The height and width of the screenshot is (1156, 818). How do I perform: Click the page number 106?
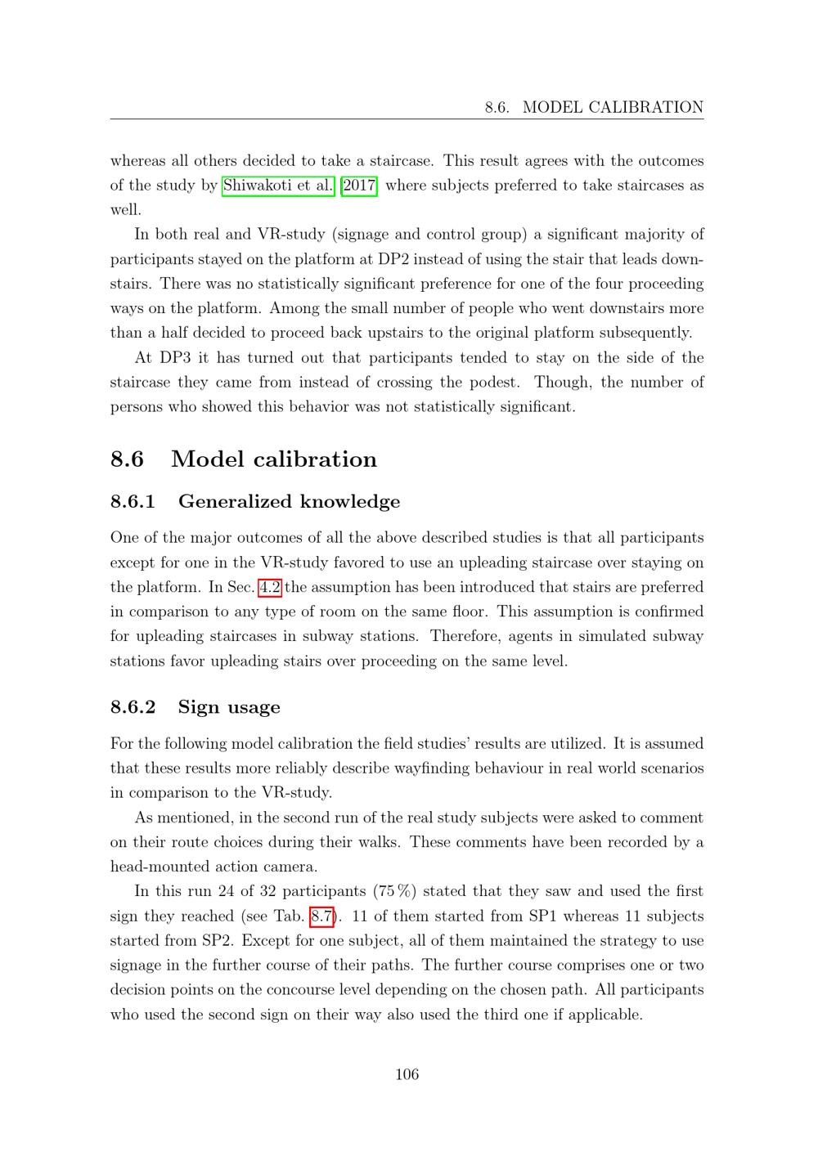click(407, 1074)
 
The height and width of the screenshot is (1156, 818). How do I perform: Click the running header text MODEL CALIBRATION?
click(613, 107)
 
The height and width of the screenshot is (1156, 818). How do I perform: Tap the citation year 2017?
click(359, 186)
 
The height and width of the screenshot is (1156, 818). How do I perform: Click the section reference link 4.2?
click(270, 587)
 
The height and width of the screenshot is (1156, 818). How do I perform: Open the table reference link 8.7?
click(322, 916)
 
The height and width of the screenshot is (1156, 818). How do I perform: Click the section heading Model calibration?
click(274, 459)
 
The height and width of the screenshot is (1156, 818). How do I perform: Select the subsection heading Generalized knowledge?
click(289, 501)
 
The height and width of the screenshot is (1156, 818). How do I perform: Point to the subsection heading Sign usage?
click(229, 707)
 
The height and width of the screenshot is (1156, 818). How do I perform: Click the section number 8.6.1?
click(133, 501)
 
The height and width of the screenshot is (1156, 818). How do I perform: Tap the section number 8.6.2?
click(133, 707)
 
